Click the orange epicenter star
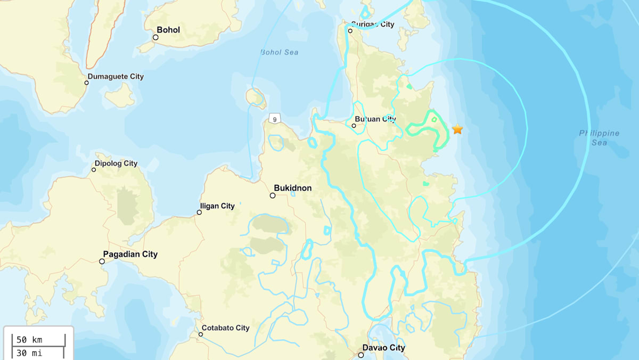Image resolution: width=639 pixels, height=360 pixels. click(x=457, y=129)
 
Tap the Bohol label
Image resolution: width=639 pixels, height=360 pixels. click(x=168, y=30)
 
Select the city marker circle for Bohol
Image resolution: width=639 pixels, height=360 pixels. click(x=155, y=37)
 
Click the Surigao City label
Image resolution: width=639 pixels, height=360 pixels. click(x=373, y=24)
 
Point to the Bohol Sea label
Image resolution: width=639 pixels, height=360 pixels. click(x=279, y=52)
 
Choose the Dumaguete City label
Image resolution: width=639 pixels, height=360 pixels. click(x=116, y=77)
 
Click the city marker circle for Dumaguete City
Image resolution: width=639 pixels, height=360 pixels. click(x=87, y=83)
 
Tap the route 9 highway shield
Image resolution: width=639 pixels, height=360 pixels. click(x=275, y=119)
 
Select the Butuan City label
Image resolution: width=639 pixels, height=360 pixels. click(x=376, y=119)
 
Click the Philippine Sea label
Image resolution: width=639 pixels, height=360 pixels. click(x=599, y=137)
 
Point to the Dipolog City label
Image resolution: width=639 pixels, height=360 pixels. click(x=116, y=163)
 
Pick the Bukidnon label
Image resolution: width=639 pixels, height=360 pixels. click(x=292, y=188)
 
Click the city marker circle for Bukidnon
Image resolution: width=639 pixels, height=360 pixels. click(x=272, y=195)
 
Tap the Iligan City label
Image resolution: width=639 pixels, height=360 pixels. click(x=217, y=206)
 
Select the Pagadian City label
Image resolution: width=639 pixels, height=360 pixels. click(x=130, y=255)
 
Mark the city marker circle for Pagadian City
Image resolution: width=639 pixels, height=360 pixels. click(x=102, y=261)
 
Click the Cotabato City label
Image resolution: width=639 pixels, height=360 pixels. click(x=225, y=328)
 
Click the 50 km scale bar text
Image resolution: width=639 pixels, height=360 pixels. click(x=29, y=340)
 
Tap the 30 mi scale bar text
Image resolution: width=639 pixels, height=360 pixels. click(x=29, y=353)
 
